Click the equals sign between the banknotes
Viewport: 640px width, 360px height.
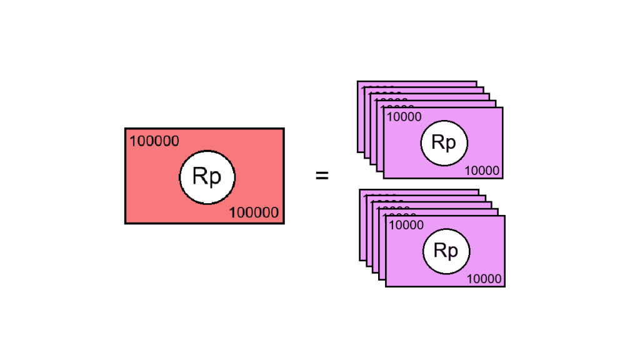[322, 176]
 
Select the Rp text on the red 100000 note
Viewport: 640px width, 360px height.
[207, 177]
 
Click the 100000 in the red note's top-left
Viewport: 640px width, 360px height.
[154, 141]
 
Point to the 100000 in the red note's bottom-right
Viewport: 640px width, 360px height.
[254, 212]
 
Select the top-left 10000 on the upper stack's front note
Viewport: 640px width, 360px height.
[404, 117]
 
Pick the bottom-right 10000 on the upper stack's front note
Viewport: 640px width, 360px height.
[482, 171]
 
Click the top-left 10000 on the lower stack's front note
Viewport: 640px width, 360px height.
[406, 225]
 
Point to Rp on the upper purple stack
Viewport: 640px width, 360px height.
[444, 142]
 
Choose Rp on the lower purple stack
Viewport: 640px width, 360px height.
[446, 251]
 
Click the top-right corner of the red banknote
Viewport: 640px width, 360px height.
[283, 129]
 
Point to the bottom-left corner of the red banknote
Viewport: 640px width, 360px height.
[126, 222]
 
